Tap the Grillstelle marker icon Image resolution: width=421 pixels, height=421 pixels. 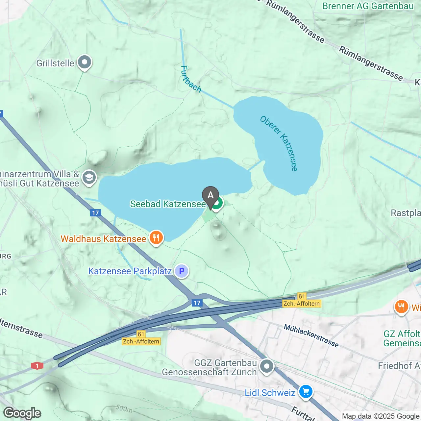[x=85, y=62]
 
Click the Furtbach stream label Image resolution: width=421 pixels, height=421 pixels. [x=190, y=79]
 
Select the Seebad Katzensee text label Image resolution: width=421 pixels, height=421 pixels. [x=168, y=204]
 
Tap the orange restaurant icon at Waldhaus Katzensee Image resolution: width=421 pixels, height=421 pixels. [x=156, y=237]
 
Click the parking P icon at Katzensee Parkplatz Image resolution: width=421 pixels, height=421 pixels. [x=182, y=271]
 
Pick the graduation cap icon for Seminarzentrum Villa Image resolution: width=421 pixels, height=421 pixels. [x=89, y=178]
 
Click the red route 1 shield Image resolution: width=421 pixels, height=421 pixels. [x=37, y=366]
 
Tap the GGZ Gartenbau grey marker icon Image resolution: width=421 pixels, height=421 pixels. [x=267, y=366]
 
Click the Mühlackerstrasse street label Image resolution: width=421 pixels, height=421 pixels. [x=311, y=336]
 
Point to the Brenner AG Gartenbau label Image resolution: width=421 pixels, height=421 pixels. [x=368, y=6]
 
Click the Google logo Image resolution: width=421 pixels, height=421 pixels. [x=22, y=413]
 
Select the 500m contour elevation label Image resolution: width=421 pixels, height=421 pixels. [x=124, y=409]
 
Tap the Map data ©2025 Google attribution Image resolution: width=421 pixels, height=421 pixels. [x=381, y=416]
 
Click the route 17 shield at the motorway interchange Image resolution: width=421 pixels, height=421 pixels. [x=197, y=303]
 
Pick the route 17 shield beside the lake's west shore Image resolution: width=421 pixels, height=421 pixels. [x=95, y=213]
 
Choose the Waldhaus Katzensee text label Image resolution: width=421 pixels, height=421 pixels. [x=103, y=239]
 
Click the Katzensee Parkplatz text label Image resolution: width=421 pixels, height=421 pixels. [x=130, y=271]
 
